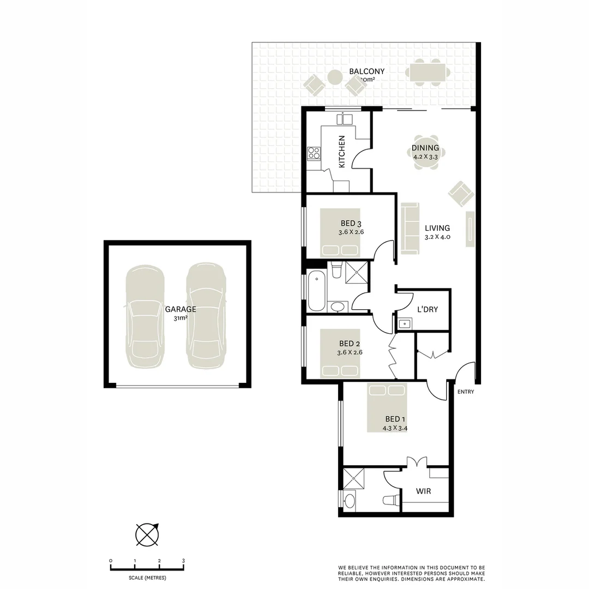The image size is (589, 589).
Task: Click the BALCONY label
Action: [x=366, y=71]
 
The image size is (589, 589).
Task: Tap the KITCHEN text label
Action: [x=342, y=152]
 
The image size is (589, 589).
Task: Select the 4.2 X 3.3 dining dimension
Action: [x=425, y=157]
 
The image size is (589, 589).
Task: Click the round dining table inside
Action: [x=425, y=152]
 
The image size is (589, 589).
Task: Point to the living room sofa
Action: [x=410, y=228]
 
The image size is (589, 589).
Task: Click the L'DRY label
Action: [x=427, y=310]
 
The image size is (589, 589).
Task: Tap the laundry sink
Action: [x=404, y=324]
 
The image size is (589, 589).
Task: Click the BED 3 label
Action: [x=351, y=223]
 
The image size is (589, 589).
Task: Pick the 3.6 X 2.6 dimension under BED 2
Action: [x=351, y=352]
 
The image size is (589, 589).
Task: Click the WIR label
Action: [x=423, y=491]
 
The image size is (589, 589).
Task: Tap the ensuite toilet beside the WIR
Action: [x=390, y=500]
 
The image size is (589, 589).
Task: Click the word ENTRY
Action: [x=466, y=392]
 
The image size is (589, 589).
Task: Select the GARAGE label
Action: [x=181, y=309]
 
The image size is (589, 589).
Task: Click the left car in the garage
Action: [x=145, y=316]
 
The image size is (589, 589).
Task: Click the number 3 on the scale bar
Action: [x=183, y=561]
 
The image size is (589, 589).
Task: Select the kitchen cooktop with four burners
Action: [x=314, y=153]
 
